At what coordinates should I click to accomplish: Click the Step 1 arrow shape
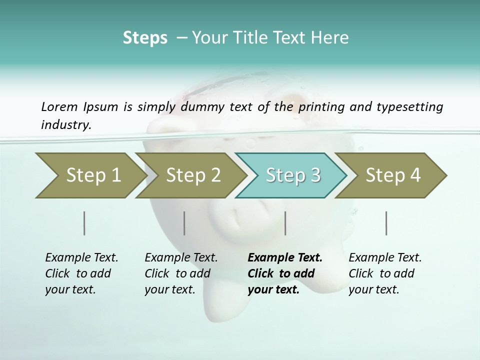[90, 175]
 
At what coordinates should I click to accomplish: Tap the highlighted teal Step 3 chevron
[292, 175]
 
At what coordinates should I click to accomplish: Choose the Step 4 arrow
[392, 175]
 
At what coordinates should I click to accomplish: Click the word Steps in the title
[145, 37]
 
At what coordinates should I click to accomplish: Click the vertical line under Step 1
[84, 223]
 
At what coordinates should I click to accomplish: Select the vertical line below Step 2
[184, 223]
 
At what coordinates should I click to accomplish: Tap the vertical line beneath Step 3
[285, 223]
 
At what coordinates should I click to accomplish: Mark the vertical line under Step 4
[386, 223]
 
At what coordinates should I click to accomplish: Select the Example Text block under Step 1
[81, 273]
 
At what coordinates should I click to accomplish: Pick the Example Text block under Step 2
[181, 273]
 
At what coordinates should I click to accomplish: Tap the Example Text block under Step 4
[385, 273]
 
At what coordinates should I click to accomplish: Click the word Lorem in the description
[59, 106]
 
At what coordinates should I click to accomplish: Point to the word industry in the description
[66, 124]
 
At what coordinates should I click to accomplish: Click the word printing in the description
[321, 106]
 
